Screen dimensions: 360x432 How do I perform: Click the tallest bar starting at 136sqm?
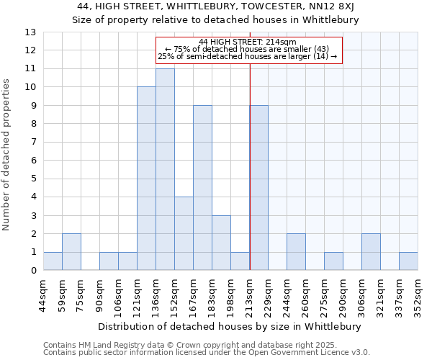[165, 170]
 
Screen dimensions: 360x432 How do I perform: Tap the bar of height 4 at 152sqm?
[184, 234]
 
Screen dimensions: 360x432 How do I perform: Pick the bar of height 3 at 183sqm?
[221, 243]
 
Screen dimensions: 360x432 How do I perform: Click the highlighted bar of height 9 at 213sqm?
[258, 188]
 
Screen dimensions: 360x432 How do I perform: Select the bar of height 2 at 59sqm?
[71, 252]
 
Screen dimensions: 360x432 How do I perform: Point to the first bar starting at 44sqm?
[53, 261]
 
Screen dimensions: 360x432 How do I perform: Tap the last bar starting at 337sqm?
[408, 261]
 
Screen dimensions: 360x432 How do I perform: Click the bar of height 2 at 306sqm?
[371, 252]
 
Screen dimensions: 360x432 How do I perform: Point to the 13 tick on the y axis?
[31, 32]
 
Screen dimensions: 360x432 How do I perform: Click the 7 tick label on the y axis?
[33, 142]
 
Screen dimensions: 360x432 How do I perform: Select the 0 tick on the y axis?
[33, 271]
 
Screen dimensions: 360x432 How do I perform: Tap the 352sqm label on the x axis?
[418, 297]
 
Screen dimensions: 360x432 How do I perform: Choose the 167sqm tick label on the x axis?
[193, 297]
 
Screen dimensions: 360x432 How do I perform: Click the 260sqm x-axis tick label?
[305, 297]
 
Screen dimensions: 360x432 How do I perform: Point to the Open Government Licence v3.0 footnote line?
[207, 353]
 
